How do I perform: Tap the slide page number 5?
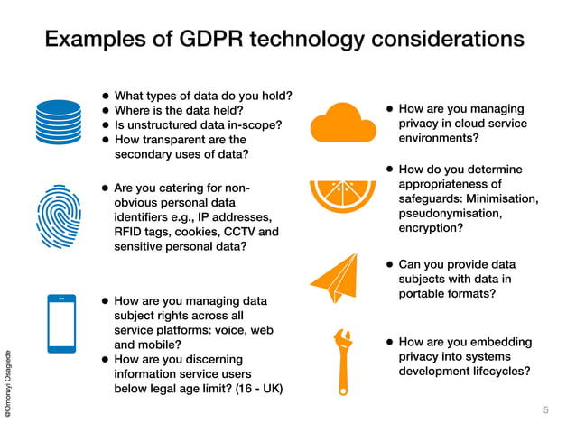click(545, 410)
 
